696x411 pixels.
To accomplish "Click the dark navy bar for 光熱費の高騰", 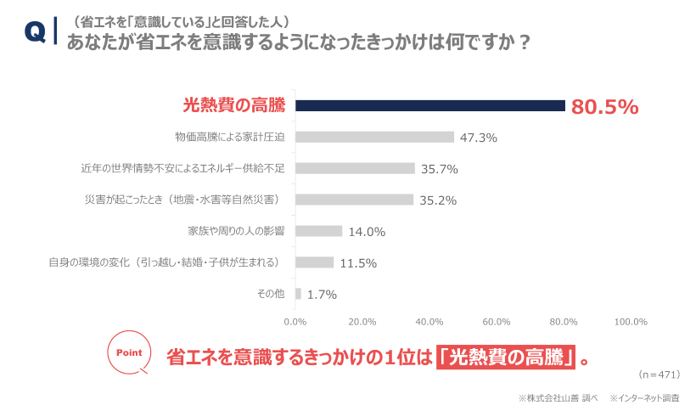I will [429, 105].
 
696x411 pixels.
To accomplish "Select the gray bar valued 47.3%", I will [374, 137].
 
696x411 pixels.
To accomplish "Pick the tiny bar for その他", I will [298, 294].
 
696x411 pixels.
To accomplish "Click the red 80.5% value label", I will [604, 106].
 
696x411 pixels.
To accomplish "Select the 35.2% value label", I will [439, 200].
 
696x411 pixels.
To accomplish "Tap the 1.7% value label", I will [322, 295].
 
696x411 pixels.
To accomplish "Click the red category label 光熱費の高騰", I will [234, 105].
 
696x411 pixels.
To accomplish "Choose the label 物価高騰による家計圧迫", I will [229, 137].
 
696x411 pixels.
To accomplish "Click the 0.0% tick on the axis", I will [295, 322].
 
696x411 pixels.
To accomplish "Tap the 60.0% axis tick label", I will [497, 322].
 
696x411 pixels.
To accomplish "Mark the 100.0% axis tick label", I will [631, 322].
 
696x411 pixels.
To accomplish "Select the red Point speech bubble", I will [128, 352].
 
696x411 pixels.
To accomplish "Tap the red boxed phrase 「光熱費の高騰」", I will [506, 357].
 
